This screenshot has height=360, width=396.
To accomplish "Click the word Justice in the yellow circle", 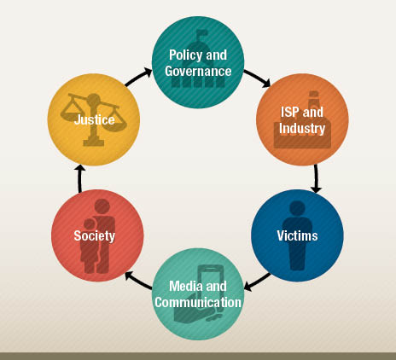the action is click(95, 119).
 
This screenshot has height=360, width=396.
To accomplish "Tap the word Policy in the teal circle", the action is click(185, 55).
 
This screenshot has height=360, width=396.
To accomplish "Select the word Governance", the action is click(198, 71).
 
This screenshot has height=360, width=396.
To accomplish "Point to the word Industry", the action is click(302, 128).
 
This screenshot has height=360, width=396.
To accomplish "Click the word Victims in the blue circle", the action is click(297, 235).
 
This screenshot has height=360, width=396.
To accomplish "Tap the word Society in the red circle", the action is click(95, 236).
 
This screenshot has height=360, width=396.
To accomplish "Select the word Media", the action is click(185, 286).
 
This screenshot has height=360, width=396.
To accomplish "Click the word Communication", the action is click(198, 302).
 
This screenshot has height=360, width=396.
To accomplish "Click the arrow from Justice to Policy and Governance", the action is click(138, 77).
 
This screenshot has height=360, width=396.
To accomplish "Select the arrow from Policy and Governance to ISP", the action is click(257, 78).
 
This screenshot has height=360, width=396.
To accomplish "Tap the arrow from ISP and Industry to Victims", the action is click(316, 179).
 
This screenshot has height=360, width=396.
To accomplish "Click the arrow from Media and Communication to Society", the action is click(138, 281).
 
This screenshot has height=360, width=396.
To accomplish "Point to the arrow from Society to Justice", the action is click(80, 178).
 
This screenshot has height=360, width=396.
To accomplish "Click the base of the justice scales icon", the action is click(93, 142).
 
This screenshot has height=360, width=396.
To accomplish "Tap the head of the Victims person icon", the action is click(297, 209).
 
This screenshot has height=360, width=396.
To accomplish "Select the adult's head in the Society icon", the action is click(102, 206).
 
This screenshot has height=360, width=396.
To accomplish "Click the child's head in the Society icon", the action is click(90, 224).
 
